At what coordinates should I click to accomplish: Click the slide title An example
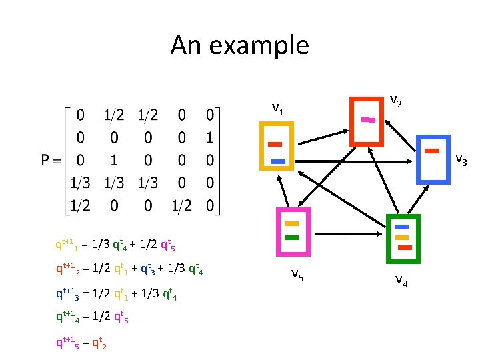pyautogui.click(x=240, y=46)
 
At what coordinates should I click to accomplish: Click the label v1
pyautogui.click(x=279, y=109)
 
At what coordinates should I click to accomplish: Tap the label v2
pyautogui.click(x=395, y=101)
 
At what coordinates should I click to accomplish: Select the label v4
pyautogui.click(x=401, y=280)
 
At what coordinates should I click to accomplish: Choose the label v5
pyautogui.click(x=298, y=275)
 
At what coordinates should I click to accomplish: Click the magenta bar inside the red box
pyautogui.click(x=368, y=120)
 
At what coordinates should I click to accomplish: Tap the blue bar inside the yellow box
pyautogui.click(x=278, y=161)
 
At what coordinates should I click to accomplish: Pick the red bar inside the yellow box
pyautogui.click(x=275, y=144)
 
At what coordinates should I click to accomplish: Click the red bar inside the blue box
pyautogui.click(x=432, y=151)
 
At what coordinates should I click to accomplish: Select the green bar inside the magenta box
pyautogui.click(x=291, y=238)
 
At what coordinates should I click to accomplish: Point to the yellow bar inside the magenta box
pyautogui.click(x=291, y=224)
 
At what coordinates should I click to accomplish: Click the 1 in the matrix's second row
pyautogui.click(x=209, y=137)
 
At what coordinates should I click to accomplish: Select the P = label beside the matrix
pyautogui.click(x=52, y=160)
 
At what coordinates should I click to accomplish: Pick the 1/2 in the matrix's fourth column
pyautogui.click(x=181, y=205)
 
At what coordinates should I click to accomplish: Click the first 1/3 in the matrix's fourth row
pyautogui.click(x=81, y=183)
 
